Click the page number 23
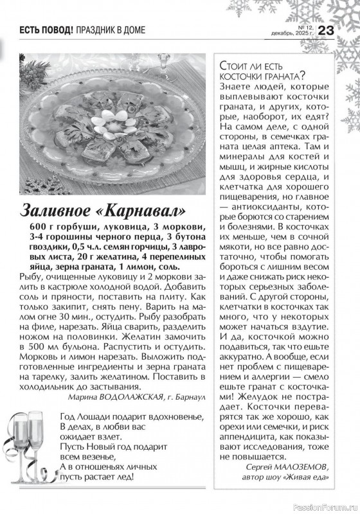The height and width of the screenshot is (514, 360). click(x=325, y=30)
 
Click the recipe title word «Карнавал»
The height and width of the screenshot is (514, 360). click(x=143, y=210)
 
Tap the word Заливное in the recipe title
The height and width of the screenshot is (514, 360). click(x=63, y=210)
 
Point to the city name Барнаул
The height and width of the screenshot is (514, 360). click(x=190, y=397)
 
